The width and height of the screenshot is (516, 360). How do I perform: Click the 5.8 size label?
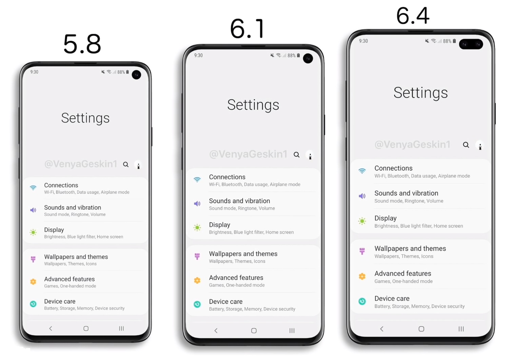(x=82, y=44)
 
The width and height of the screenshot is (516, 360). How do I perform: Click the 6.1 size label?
(x=247, y=28)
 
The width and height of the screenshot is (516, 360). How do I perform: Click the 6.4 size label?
(x=413, y=16)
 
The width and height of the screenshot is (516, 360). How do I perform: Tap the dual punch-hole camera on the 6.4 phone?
(x=471, y=44)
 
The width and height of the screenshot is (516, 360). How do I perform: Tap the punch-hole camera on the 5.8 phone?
(x=136, y=75)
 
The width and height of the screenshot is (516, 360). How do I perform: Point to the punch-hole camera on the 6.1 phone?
(x=308, y=58)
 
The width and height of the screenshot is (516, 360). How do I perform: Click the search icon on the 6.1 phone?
(x=297, y=155)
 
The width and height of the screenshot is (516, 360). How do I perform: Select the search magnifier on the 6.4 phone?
(x=466, y=145)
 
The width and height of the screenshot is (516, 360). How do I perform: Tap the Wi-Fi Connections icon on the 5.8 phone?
(x=33, y=188)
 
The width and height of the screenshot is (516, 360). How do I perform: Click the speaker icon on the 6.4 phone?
(x=362, y=196)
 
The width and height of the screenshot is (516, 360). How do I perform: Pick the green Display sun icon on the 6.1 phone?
(x=197, y=227)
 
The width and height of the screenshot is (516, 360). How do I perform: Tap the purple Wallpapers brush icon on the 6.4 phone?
(x=362, y=251)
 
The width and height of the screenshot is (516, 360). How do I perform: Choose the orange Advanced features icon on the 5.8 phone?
(x=33, y=281)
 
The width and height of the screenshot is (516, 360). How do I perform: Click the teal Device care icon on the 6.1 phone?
(x=197, y=304)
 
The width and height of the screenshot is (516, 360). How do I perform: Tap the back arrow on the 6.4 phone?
(x=382, y=329)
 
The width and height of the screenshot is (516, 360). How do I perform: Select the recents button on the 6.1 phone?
(x=292, y=331)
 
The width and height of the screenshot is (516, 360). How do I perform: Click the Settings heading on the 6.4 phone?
(x=421, y=93)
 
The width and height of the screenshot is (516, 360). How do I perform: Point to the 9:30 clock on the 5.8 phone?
(x=34, y=72)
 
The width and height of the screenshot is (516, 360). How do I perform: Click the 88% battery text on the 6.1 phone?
(x=292, y=56)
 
